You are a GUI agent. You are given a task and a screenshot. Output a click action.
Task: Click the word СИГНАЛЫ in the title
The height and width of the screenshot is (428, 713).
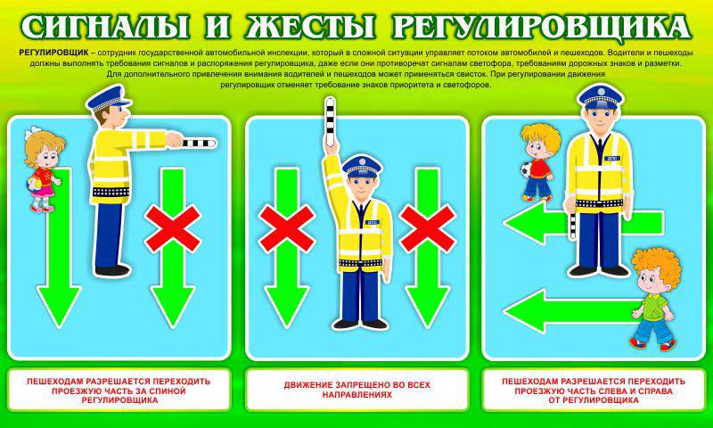click(x=105, y=28)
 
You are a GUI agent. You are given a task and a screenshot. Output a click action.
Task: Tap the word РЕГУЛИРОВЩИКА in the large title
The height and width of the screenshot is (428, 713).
click(x=540, y=29)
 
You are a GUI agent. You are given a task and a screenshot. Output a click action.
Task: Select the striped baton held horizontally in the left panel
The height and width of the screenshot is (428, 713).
click(x=198, y=144)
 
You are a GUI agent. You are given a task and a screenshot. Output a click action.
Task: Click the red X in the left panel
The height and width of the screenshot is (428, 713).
click(x=173, y=229)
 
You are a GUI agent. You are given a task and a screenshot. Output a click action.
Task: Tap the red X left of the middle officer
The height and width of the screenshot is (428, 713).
click(x=286, y=229)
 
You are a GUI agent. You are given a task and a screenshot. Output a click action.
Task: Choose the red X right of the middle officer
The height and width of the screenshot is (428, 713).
click(x=428, y=229)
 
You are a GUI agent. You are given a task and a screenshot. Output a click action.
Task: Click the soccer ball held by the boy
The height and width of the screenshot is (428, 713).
click(x=527, y=170)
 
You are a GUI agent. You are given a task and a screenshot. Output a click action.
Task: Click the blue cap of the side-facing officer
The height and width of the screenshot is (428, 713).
click(x=107, y=98)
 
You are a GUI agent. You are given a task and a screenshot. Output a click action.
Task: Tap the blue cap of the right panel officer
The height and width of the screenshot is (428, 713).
click(x=600, y=96)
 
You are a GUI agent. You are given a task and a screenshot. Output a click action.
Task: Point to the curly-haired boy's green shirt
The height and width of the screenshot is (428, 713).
click(x=655, y=306)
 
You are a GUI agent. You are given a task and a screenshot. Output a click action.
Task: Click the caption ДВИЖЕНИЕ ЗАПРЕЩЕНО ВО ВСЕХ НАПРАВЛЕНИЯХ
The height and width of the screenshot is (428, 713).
click(x=357, y=391)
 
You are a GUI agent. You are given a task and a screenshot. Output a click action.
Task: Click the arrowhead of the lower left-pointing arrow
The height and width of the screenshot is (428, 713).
click(x=524, y=311)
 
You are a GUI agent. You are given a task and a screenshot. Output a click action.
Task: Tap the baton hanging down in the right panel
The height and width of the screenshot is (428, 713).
click(x=572, y=225)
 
